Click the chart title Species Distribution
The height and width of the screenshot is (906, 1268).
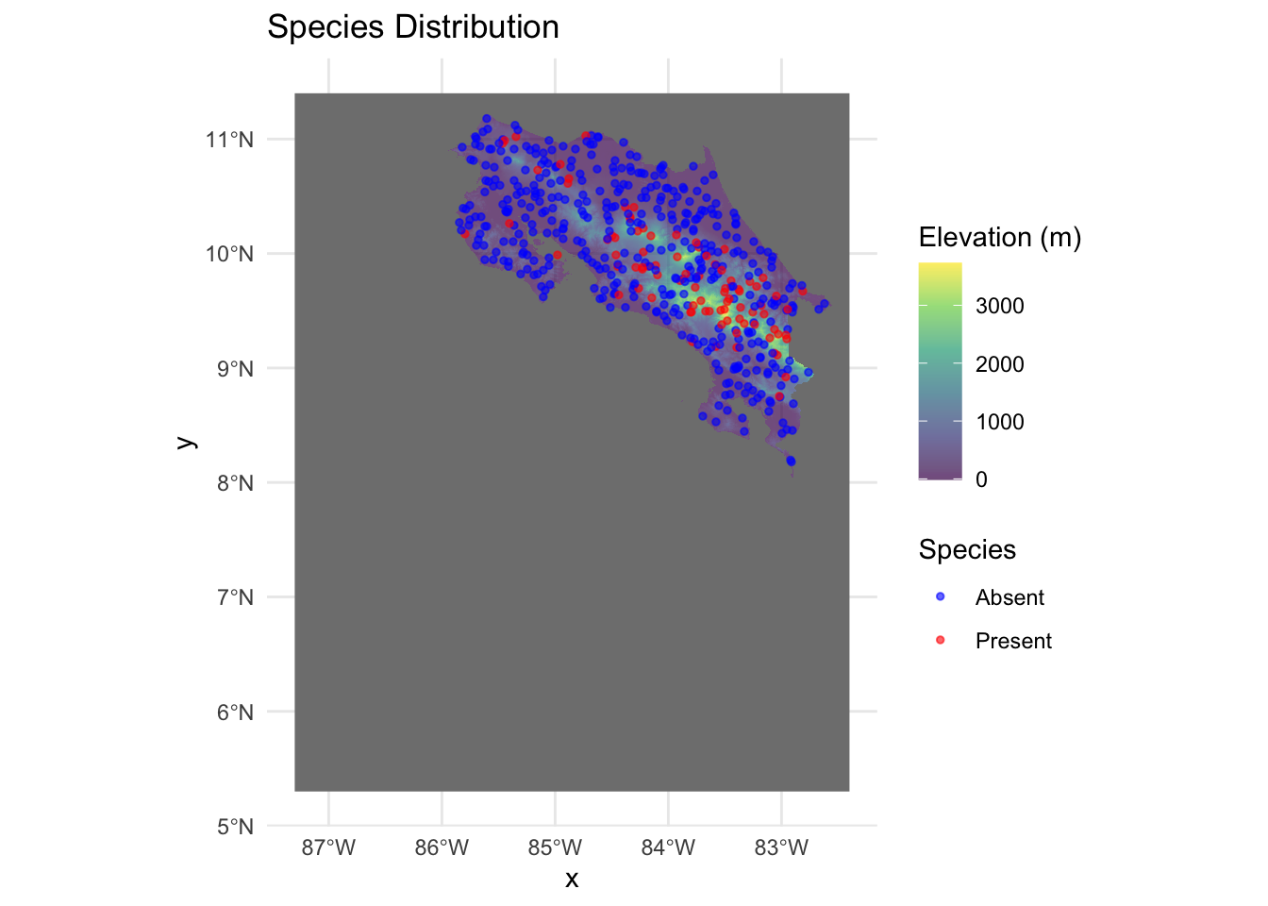tap(412, 27)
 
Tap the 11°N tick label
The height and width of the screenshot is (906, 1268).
tap(230, 141)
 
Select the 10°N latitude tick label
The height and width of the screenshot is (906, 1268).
tap(230, 255)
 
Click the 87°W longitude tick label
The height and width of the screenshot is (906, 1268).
tap(328, 847)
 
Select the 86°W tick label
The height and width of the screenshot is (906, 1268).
tap(442, 847)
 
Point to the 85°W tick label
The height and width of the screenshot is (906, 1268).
tap(555, 847)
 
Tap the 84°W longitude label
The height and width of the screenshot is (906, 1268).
tap(668, 847)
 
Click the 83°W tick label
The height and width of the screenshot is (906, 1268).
tap(781, 847)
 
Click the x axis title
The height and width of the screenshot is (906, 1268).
tap(572, 880)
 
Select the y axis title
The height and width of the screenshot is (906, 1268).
tap(187, 442)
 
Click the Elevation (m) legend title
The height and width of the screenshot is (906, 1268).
tap(999, 238)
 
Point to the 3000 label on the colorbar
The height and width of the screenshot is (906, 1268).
tap(999, 307)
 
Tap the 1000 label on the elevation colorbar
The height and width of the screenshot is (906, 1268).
tap(999, 423)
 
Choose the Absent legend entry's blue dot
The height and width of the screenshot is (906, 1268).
tap(940, 597)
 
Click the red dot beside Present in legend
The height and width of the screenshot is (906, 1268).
tap(940, 641)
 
